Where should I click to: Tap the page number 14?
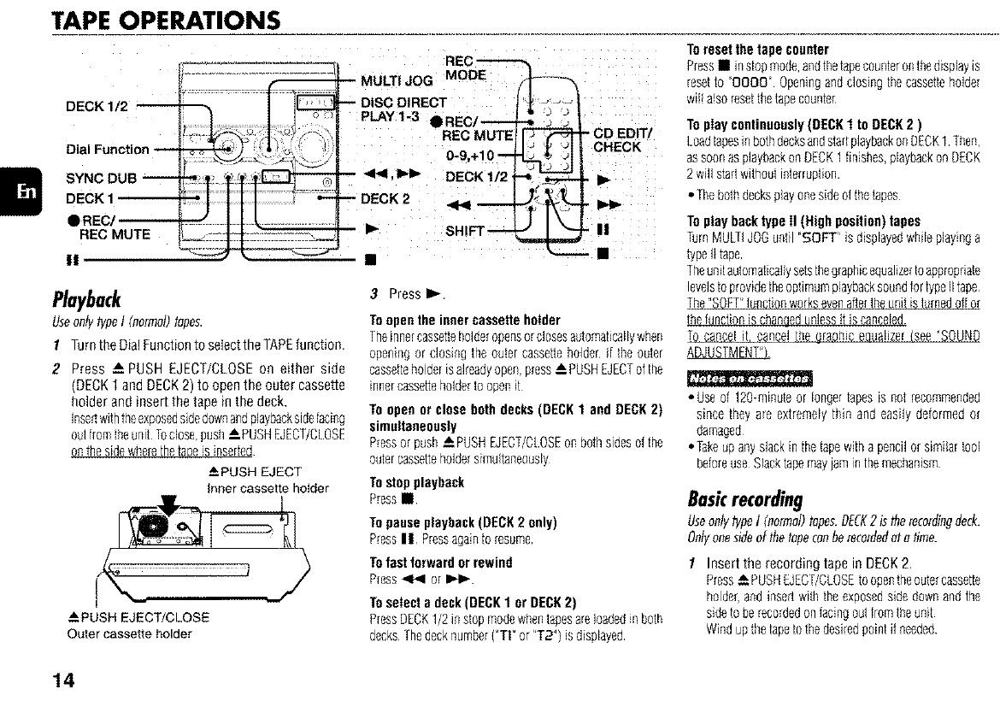(x=62, y=680)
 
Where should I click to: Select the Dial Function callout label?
(x=107, y=150)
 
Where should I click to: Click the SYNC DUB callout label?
(x=103, y=180)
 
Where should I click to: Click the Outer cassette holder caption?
(x=128, y=633)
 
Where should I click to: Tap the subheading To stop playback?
(x=416, y=482)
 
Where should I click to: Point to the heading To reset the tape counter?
(x=758, y=49)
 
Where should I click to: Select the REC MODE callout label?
(x=466, y=68)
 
